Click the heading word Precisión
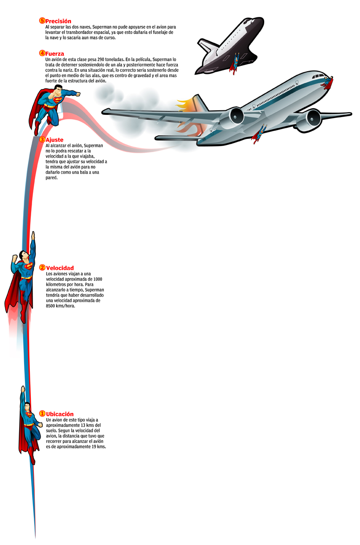58,21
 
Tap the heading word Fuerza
55,54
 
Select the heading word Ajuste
54,140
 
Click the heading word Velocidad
60,268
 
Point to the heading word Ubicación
60,414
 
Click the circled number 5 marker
42,20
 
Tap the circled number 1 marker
42,414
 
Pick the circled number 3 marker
42,139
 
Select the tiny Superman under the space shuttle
234,64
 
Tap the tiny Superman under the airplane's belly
259,134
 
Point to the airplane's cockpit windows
317,76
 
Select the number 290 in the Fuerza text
101,59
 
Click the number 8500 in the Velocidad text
50,306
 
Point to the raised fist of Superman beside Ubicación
23,389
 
